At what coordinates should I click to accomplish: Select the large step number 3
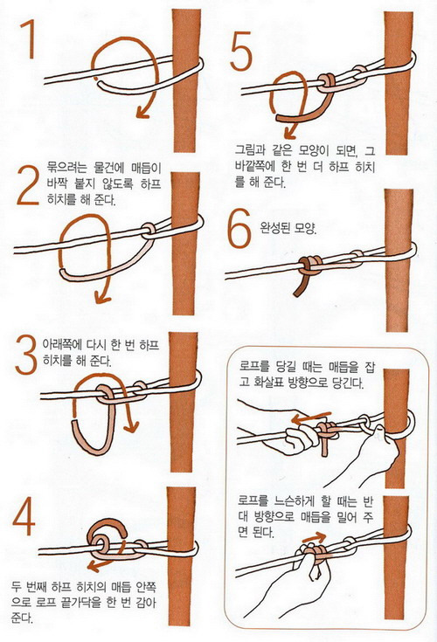click(26, 355)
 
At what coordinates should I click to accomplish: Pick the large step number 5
click(241, 51)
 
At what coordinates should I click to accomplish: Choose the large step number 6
click(239, 228)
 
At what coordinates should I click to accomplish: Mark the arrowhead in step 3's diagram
click(131, 427)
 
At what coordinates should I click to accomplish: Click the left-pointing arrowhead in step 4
click(94, 567)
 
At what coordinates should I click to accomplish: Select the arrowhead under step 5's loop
click(289, 133)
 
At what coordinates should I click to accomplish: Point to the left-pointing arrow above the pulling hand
click(311, 418)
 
